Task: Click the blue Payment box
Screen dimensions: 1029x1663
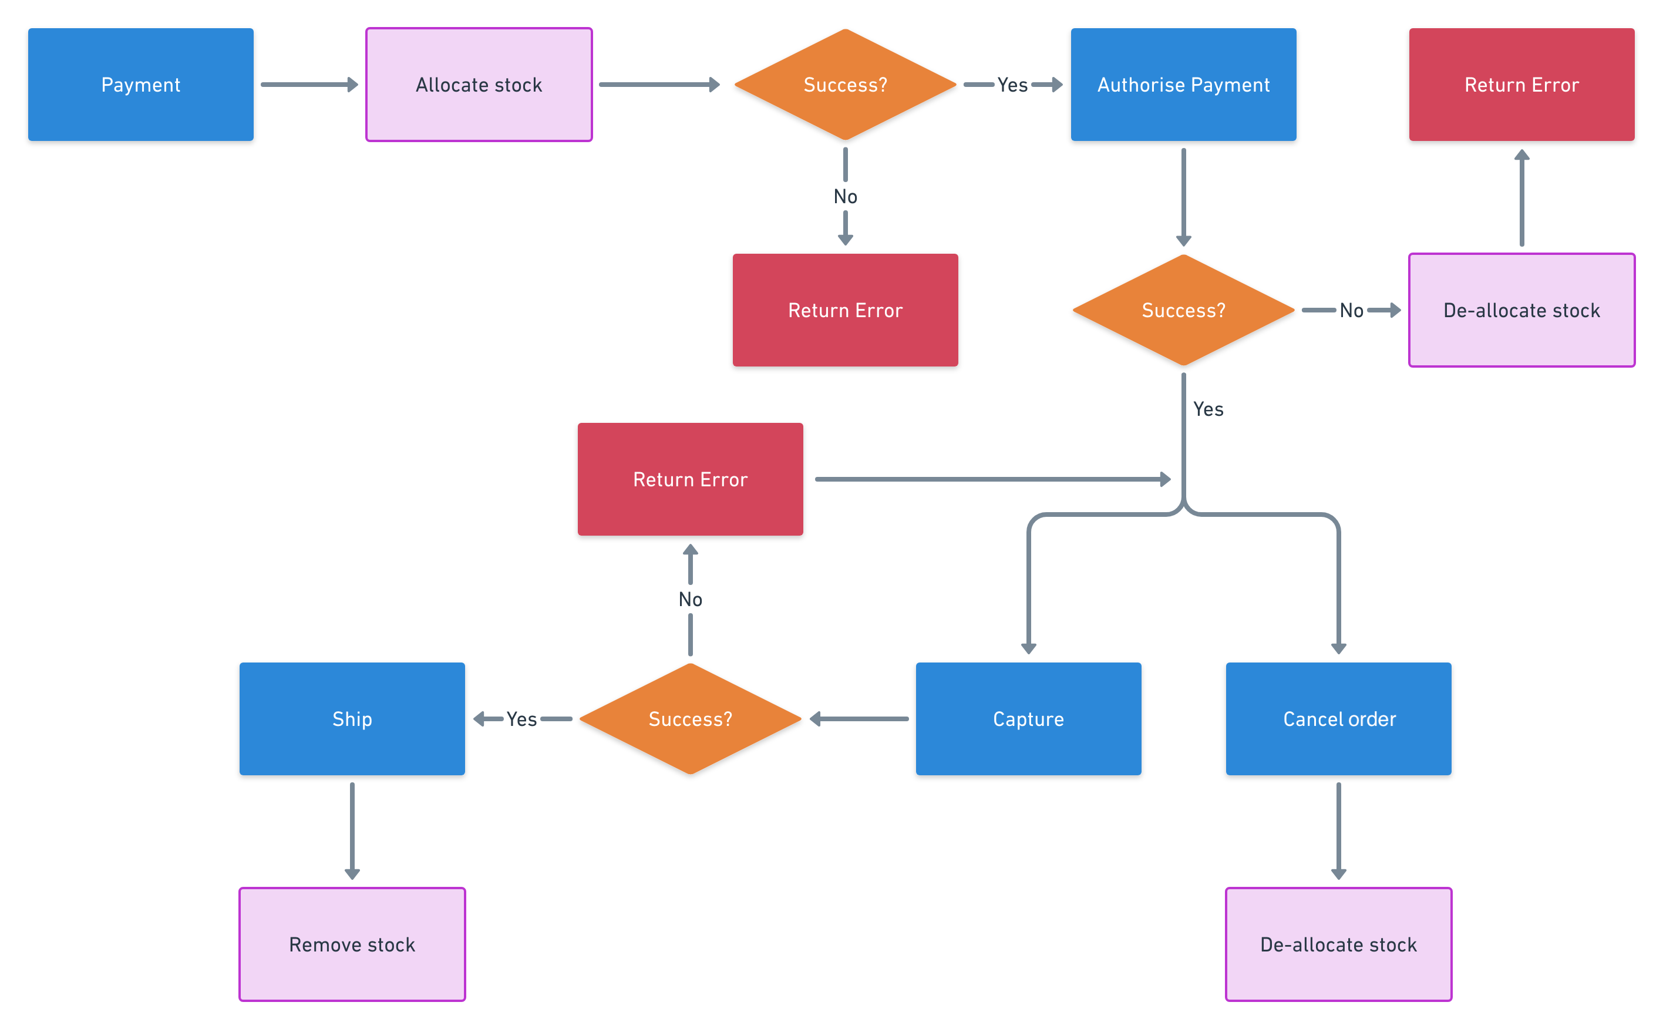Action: click(x=141, y=85)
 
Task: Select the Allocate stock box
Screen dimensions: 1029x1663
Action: click(x=479, y=85)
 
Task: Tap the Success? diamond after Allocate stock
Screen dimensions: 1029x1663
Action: click(x=845, y=85)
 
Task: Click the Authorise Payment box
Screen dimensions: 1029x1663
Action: click(x=1183, y=85)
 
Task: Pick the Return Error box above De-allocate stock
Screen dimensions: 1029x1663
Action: click(x=1521, y=85)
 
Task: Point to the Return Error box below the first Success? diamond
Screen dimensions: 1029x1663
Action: click(x=845, y=310)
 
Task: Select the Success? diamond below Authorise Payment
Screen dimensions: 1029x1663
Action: click(x=1183, y=310)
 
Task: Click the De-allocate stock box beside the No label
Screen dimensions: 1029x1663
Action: click(x=1521, y=310)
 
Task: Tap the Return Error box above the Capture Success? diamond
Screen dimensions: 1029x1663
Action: click(x=690, y=479)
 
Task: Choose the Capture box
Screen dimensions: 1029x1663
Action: click(x=1028, y=719)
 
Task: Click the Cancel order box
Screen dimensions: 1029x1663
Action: click(x=1338, y=719)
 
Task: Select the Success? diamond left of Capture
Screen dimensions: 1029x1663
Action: click(x=690, y=719)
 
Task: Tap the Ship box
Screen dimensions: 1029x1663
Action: click(x=352, y=719)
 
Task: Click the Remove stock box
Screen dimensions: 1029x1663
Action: click(x=352, y=944)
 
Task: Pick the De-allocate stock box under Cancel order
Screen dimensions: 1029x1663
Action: click(x=1338, y=944)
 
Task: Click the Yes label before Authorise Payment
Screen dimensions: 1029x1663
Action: click(x=1012, y=85)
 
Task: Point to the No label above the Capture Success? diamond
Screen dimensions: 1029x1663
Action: click(x=690, y=600)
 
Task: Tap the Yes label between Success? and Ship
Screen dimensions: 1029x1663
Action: click(x=521, y=719)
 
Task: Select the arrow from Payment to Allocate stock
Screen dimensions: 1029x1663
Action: click(x=309, y=85)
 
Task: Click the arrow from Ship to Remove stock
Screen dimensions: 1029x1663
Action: click(x=352, y=830)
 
